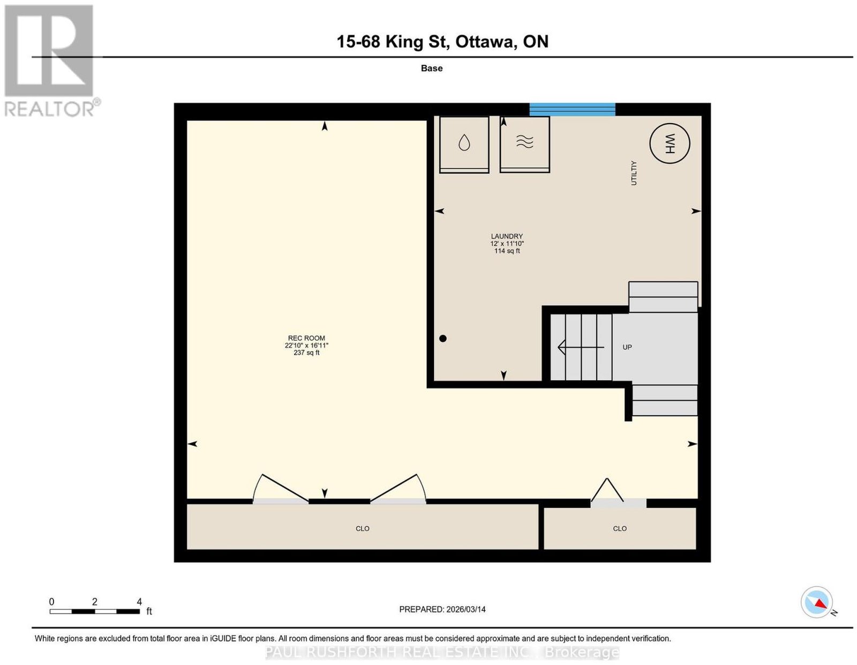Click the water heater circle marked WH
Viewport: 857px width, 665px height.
coord(670,143)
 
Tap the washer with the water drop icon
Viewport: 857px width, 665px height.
coord(464,144)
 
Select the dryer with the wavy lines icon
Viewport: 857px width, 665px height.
coord(524,144)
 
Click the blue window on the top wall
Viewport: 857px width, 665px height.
coord(572,110)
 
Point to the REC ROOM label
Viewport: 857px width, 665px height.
coord(306,338)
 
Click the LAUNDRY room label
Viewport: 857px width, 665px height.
coord(507,236)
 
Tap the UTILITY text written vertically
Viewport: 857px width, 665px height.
coord(634,173)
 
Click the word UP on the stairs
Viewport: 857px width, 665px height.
coord(627,347)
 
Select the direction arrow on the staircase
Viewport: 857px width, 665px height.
coord(581,347)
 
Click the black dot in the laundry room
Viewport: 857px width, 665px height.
coord(443,338)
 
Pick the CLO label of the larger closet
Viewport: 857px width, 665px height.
coord(363,529)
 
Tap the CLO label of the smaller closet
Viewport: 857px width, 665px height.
coord(620,529)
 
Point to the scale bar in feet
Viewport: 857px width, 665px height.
coord(95,611)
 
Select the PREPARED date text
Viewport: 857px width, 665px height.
coord(442,609)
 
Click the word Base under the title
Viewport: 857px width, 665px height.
coord(432,68)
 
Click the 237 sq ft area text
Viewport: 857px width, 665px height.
coord(306,353)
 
